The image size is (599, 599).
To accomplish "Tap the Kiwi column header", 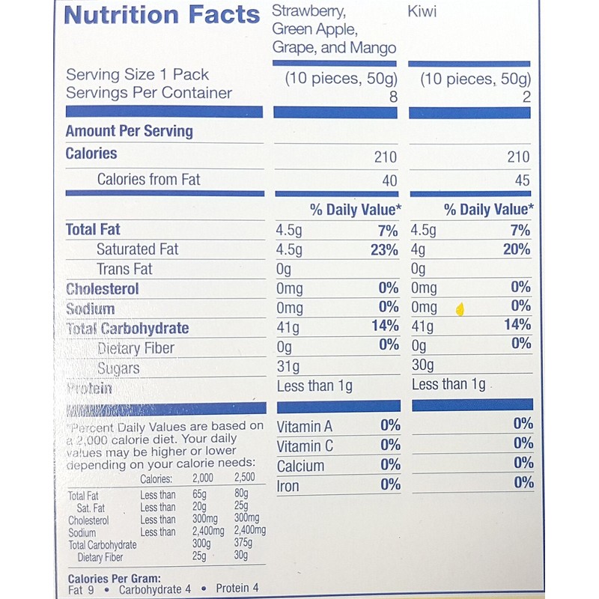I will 423,13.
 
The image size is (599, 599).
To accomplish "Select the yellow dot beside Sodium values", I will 460,308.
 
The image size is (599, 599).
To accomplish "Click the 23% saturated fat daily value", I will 383,250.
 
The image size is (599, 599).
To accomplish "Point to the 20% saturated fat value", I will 517,249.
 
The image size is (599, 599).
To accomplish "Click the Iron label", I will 288,486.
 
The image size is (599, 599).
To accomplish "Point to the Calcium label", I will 301,466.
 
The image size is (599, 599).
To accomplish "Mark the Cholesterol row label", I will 103,289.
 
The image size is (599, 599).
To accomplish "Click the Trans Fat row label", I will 124,270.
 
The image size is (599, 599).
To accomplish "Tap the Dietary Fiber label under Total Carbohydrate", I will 136,348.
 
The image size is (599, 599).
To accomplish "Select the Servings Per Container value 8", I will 392,97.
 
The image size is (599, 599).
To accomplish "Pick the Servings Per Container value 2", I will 526,97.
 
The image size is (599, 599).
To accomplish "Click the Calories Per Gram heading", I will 115,578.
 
